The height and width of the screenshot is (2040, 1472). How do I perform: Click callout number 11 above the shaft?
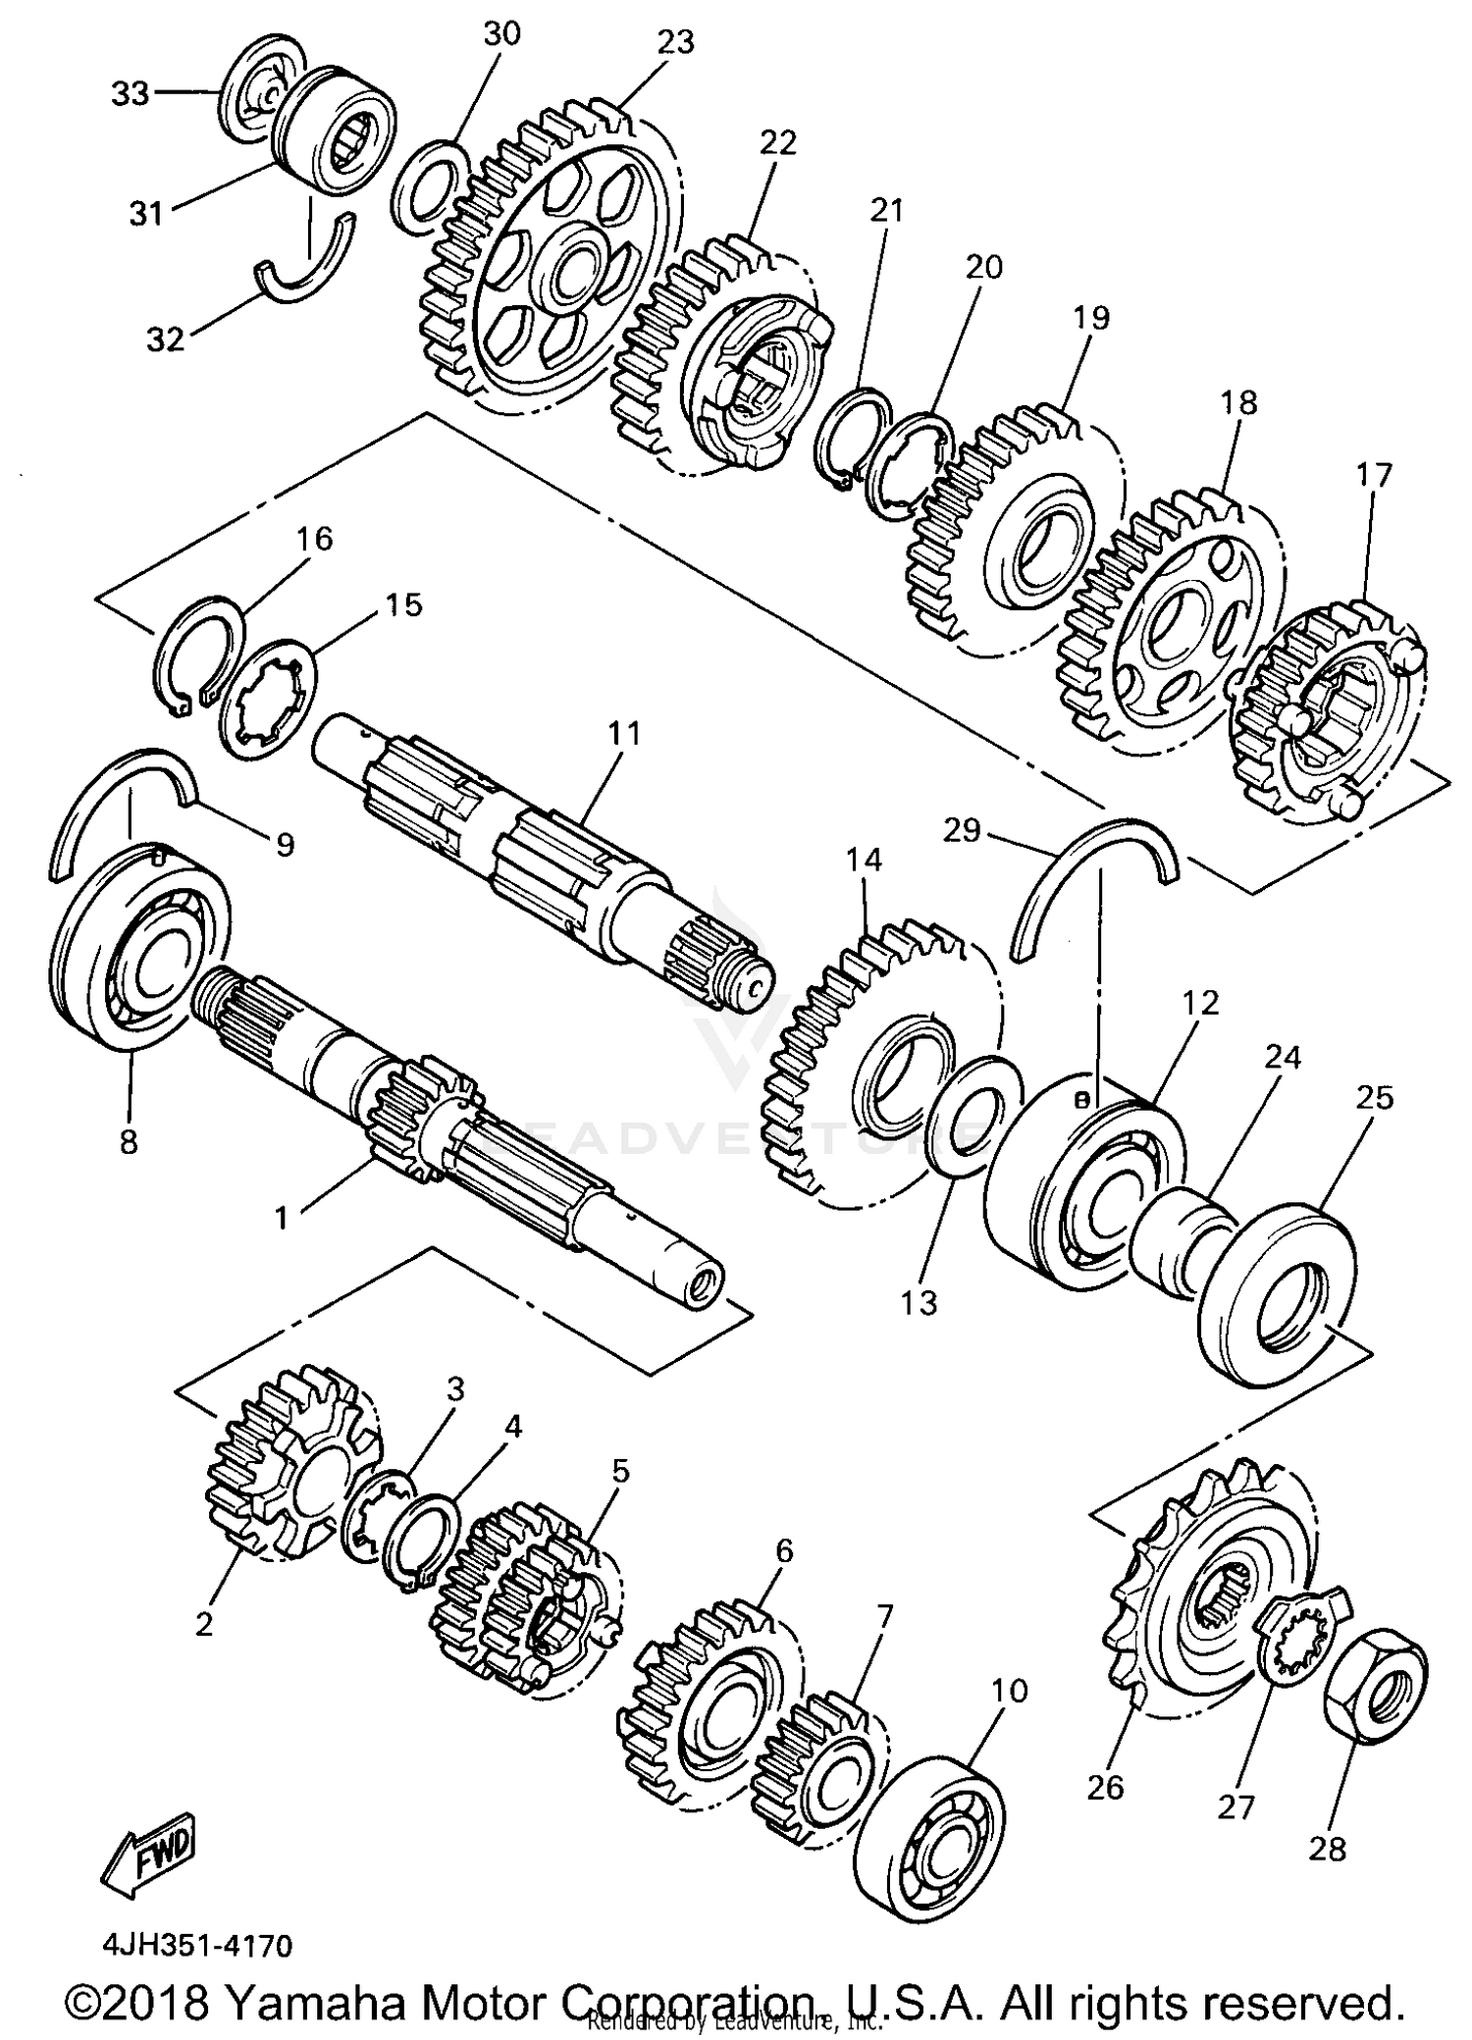(623, 733)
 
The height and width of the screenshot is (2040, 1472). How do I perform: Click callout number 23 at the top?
(675, 42)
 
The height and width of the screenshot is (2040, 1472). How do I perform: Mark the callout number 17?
(1374, 476)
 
